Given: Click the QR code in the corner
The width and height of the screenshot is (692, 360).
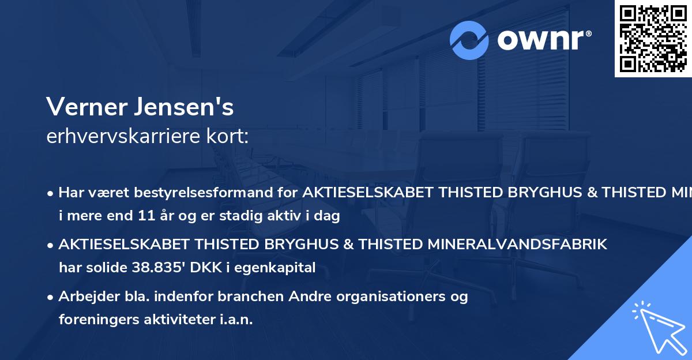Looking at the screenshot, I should tap(653, 39).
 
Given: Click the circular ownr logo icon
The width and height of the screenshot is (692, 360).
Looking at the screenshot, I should tap(469, 40).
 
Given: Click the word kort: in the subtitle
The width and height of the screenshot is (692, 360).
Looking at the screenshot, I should tap(230, 136).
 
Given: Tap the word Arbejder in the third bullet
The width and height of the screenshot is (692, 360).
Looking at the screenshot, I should tap(85, 297).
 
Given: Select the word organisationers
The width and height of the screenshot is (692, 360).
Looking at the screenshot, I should tap(397, 297).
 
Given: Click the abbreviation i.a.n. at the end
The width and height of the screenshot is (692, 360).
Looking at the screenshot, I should tap(235, 319).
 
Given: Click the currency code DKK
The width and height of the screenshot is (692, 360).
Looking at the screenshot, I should tap(221, 267).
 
